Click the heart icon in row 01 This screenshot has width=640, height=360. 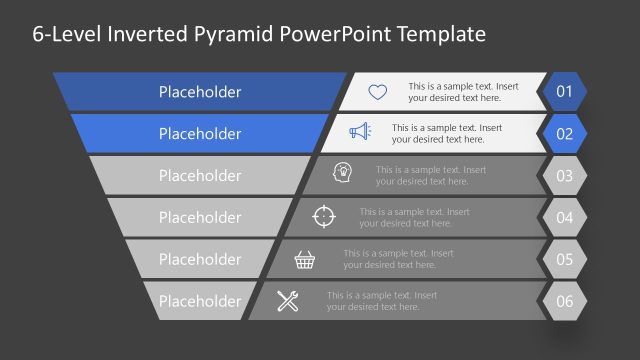coord(377,92)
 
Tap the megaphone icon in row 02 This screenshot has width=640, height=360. coord(360,132)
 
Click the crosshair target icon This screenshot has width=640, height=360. coord(324,216)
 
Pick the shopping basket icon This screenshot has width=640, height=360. coord(306,259)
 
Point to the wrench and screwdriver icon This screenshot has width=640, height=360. coord(288,301)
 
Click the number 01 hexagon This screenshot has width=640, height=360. coord(564,92)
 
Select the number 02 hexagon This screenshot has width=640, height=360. coord(564,134)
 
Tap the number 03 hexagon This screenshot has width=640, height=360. coord(564,176)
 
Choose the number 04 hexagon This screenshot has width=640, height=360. coord(564,218)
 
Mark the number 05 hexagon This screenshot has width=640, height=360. coord(564,260)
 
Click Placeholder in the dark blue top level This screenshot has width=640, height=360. coord(200,92)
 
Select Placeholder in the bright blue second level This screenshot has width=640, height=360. coord(200,134)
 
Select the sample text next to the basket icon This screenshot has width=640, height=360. coord(397,259)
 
